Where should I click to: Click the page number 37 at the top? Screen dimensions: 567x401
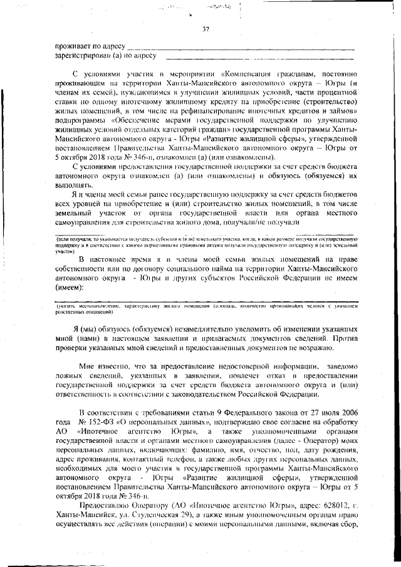[x=206, y=28]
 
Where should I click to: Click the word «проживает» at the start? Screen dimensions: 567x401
[x=73, y=46]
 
